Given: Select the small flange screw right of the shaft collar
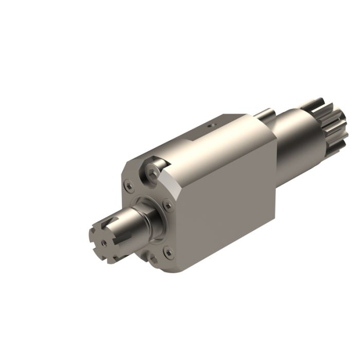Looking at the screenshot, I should [168, 205].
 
